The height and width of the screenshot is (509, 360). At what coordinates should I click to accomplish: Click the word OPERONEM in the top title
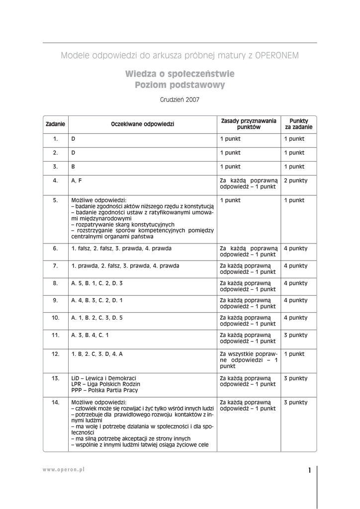(277, 55)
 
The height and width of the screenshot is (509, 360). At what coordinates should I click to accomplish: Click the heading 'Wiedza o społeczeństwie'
(180, 74)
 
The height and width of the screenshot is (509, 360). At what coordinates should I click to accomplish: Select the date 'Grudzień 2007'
(180, 99)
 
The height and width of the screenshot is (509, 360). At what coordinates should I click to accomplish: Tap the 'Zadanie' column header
(55, 124)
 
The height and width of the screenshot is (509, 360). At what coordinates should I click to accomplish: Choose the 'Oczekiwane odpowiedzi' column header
(143, 124)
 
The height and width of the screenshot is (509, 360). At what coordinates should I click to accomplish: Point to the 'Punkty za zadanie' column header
(298, 124)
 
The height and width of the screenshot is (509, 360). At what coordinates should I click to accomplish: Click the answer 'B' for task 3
(74, 167)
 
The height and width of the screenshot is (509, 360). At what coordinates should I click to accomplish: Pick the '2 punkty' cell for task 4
(295, 180)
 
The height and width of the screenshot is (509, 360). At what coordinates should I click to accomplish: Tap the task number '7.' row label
(56, 265)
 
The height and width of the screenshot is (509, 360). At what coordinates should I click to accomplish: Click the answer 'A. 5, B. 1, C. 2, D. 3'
(97, 283)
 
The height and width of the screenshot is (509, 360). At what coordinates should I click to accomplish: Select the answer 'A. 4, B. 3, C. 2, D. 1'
(97, 300)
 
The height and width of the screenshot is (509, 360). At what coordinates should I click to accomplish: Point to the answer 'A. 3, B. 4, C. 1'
(90, 335)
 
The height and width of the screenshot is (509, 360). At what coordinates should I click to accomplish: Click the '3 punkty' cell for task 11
(295, 335)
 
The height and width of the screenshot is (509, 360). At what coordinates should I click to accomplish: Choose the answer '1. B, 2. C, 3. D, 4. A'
(97, 354)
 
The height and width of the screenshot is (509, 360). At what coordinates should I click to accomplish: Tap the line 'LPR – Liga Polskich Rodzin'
(106, 384)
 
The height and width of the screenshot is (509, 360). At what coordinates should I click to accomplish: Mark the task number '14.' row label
(56, 402)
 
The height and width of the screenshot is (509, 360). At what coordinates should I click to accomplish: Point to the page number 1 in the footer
(309, 471)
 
